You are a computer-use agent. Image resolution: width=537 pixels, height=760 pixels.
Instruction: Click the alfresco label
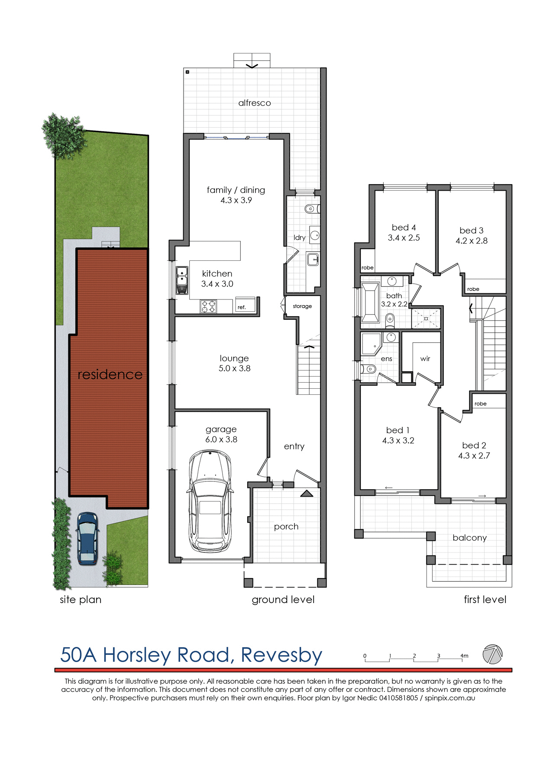click(x=255, y=103)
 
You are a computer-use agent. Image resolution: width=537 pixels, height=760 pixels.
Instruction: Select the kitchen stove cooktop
click(x=208, y=306)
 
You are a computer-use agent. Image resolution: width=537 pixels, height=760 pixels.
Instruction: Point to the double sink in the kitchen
click(x=182, y=280)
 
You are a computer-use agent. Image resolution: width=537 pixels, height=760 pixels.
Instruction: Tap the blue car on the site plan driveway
click(x=87, y=538)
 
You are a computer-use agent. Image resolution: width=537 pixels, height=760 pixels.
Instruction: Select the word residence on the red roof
click(x=110, y=374)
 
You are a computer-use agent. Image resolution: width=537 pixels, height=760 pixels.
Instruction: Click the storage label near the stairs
click(x=302, y=306)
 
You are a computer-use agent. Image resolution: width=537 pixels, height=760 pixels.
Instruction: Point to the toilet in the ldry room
click(x=311, y=209)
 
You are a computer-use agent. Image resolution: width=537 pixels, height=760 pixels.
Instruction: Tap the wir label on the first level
click(x=425, y=359)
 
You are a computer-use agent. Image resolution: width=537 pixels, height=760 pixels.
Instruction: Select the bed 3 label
click(x=471, y=231)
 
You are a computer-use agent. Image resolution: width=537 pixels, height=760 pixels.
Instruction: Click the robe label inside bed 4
click(x=367, y=268)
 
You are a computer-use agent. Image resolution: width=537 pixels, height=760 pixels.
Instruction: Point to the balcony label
click(x=469, y=538)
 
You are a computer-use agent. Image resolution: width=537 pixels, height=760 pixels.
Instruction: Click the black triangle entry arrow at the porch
click(x=307, y=493)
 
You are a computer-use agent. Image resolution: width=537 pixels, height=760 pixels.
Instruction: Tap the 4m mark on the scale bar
click(x=464, y=656)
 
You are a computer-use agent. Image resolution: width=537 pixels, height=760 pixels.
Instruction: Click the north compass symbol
click(x=493, y=654)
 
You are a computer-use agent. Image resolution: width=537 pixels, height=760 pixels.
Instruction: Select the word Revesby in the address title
click(x=281, y=655)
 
